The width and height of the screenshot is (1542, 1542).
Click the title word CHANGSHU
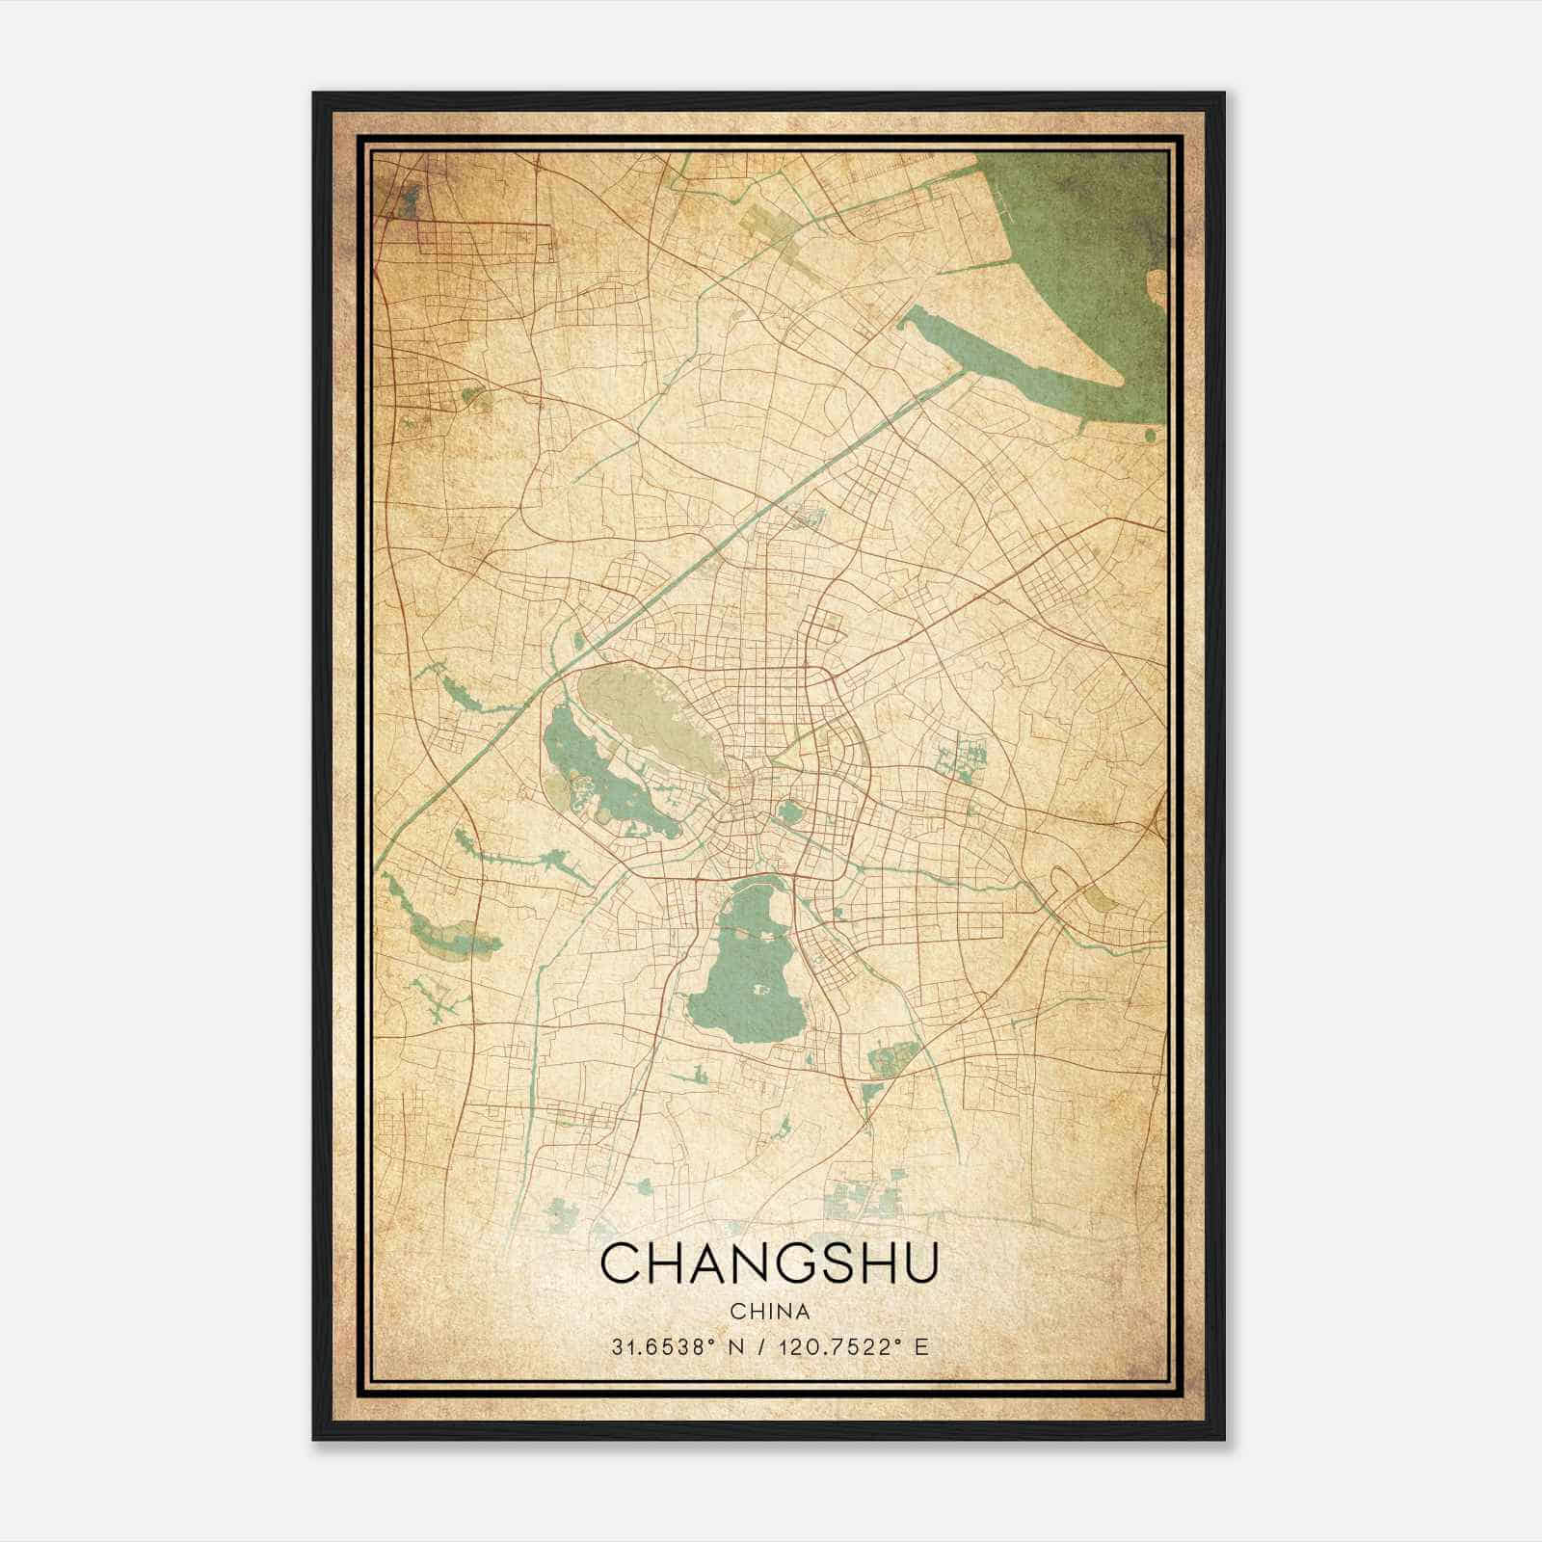[x=769, y=1263]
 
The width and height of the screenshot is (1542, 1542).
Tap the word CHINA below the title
[x=769, y=1312]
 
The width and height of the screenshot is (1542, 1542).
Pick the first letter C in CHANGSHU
[x=621, y=1263]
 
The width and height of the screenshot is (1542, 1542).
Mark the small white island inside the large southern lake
[x=758, y=990]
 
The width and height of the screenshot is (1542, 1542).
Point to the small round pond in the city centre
[x=790, y=812]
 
